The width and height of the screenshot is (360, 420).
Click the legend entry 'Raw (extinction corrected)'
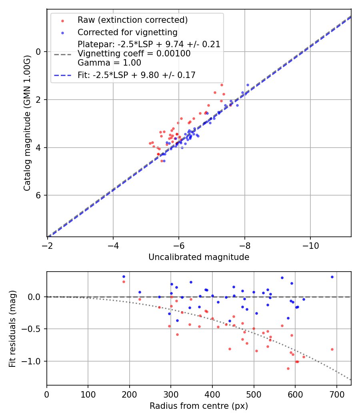[132, 20]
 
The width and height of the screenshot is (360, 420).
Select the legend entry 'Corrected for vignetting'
[128, 32]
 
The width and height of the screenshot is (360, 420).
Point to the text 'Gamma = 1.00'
[109, 62]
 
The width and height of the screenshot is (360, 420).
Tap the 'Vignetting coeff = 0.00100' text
[134, 54]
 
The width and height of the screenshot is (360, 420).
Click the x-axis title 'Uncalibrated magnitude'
[199, 257]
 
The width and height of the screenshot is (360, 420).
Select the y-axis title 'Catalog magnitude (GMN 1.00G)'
[27, 123]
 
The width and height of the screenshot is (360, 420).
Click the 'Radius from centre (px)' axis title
[199, 406]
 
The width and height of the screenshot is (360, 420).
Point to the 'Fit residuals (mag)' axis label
[12, 328]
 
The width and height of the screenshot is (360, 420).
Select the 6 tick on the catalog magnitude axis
[39, 195]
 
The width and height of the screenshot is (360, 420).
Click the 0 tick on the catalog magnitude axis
[39, 52]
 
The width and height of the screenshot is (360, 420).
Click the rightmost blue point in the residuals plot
[332, 277]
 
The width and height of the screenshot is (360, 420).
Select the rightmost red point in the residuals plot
[332, 349]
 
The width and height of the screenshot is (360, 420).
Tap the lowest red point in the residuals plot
[288, 368]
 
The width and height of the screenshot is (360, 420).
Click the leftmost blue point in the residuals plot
[124, 276]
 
